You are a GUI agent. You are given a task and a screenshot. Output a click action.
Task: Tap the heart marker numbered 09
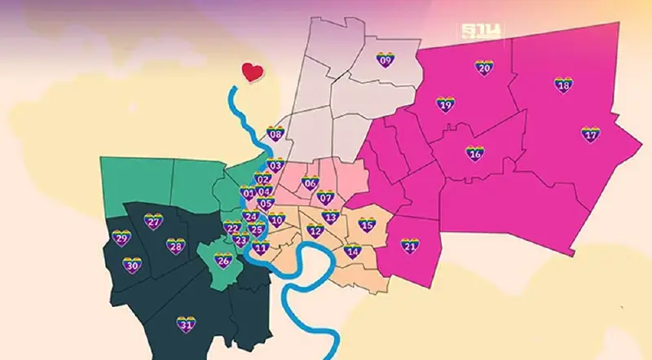(x=385, y=59)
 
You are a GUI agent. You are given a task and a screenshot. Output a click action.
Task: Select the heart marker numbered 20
(x=483, y=68)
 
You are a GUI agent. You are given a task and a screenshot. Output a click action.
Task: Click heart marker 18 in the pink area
(x=563, y=85)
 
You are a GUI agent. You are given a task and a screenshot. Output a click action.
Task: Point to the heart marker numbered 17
(x=590, y=134)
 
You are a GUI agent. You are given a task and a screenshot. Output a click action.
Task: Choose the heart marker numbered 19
(x=445, y=105)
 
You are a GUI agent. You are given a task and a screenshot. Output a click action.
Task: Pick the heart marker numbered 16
(x=474, y=153)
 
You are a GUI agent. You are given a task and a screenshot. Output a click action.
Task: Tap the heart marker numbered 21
(x=410, y=246)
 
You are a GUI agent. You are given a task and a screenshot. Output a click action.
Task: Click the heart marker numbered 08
(x=275, y=134)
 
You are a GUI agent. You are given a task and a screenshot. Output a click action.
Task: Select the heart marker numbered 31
(x=186, y=325)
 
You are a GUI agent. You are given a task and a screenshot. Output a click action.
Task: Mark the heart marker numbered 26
(x=223, y=261)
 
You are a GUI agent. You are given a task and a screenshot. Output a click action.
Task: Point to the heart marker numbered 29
(x=121, y=239)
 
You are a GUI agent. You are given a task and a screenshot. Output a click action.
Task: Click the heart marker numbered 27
(x=153, y=221)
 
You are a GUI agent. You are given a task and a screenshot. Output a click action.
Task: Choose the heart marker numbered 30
(x=132, y=266)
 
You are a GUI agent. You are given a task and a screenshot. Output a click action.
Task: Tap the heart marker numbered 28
(x=175, y=246)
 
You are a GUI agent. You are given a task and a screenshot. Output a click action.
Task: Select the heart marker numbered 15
(x=367, y=225)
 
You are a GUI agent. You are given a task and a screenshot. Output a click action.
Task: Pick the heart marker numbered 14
(x=352, y=251)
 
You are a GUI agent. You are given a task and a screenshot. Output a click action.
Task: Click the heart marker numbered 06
(x=310, y=183)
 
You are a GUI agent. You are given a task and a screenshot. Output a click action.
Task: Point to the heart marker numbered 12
(x=315, y=230)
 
